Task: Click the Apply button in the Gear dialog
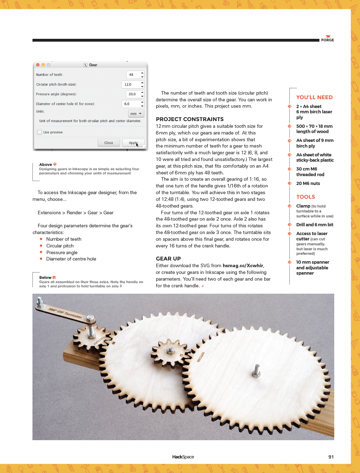click(133, 143)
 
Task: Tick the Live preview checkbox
click(40, 132)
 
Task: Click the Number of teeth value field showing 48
click(133, 75)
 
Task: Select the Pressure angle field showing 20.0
click(133, 94)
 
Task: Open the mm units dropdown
click(136, 114)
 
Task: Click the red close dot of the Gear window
click(38, 65)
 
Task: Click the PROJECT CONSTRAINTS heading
click(190, 119)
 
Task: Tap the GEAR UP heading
click(168, 259)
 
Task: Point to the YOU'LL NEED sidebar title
click(314, 97)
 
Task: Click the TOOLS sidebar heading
click(305, 197)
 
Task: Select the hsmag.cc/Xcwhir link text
click(243, 266)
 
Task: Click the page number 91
click(331, 457)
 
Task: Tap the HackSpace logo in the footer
click(183, 457)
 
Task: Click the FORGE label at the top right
click(327, 40)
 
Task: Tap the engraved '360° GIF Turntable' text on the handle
click(65, 313)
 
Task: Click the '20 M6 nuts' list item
click(308, 184)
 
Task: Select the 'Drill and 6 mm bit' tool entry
click(314, 225)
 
